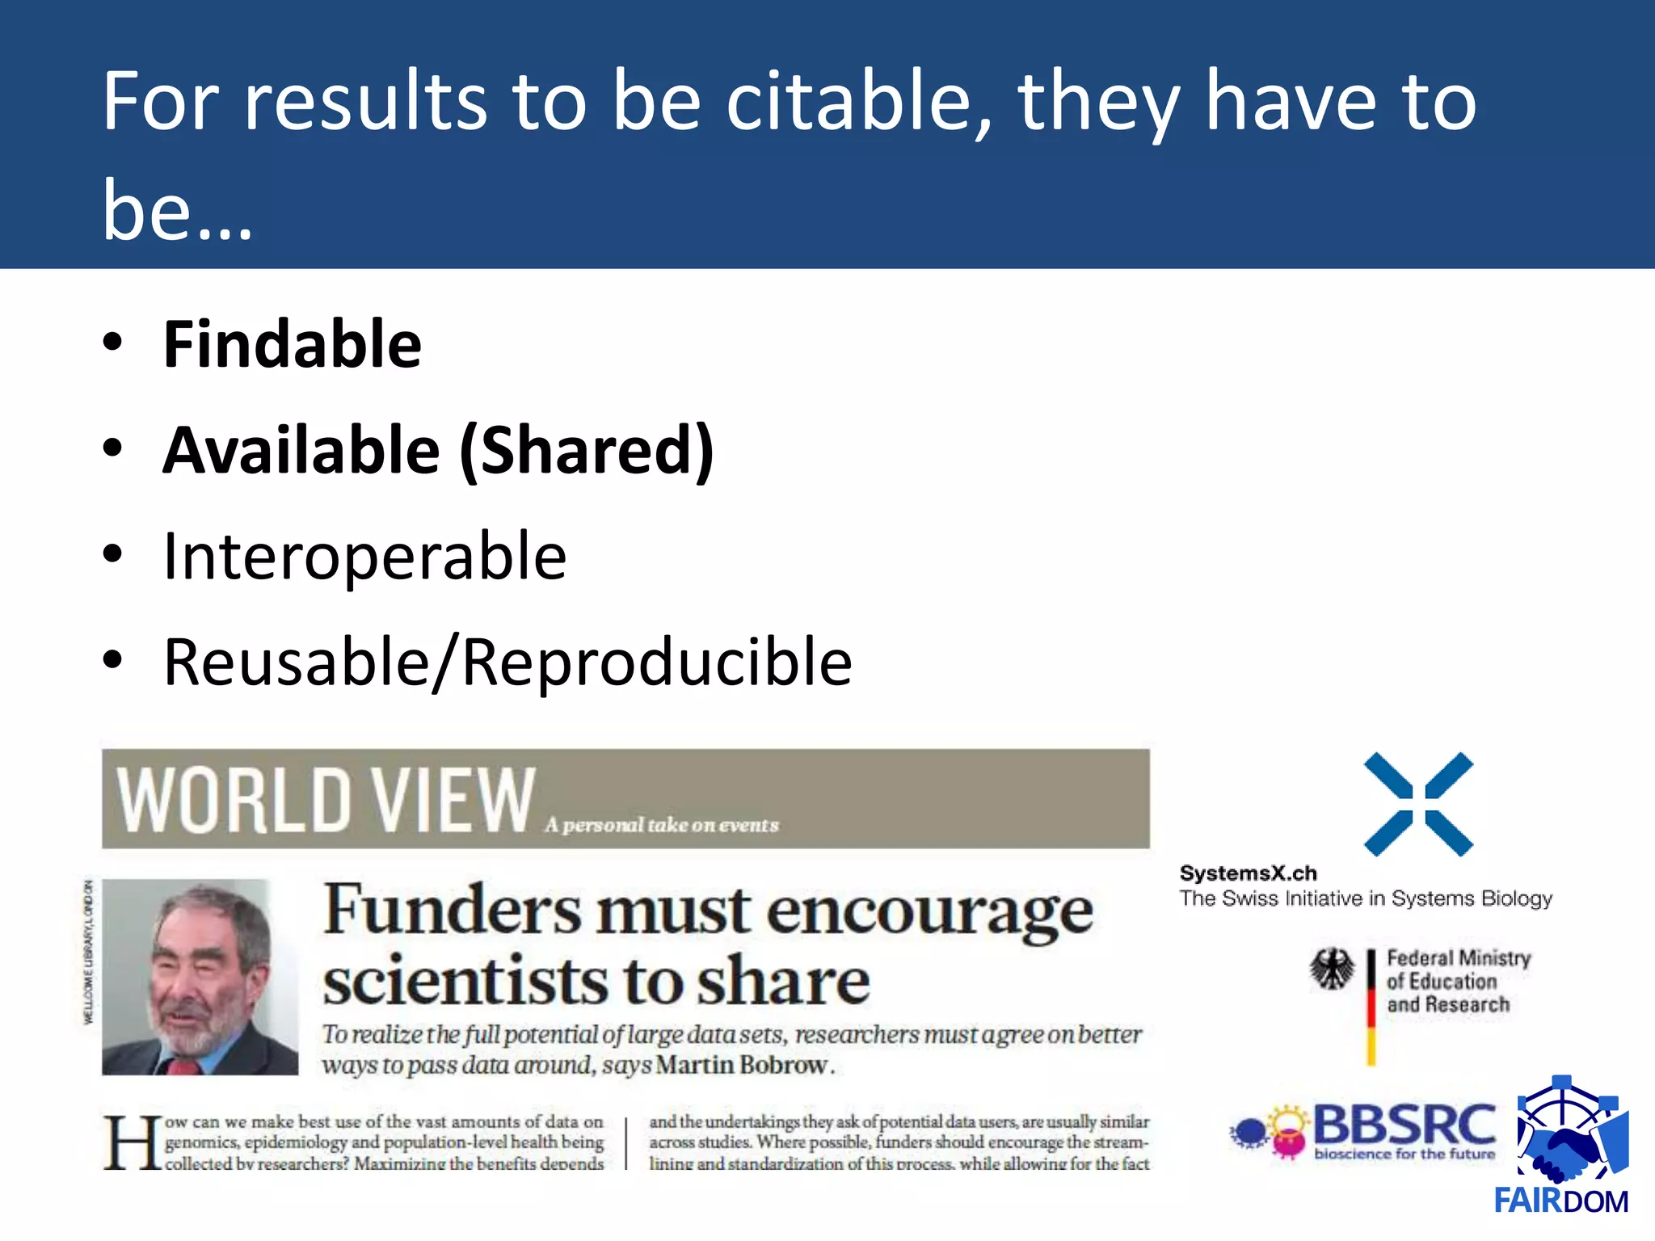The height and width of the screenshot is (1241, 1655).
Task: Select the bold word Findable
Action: tap(292, 345)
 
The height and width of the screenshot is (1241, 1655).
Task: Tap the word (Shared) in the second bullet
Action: tap(587, 451)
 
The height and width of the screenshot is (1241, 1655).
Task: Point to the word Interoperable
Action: tap(364, 557)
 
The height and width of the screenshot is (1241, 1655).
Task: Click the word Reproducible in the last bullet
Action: tap(657, 663)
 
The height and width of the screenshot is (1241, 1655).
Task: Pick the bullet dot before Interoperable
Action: tap(112, 554)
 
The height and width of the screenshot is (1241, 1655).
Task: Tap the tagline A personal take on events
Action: tap(662, 825)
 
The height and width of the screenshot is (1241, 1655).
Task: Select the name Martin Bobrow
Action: tap(742, 1065)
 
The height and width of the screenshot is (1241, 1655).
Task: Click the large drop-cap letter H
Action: tap(131, 1142)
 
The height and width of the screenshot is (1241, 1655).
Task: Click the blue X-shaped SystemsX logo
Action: tap(1418, 804)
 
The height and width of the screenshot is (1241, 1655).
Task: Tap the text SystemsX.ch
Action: tap(1248, 873)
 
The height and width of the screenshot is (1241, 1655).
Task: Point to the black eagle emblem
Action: tap(1332, 968)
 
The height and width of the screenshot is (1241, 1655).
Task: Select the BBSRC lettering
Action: tap(1404, 1124)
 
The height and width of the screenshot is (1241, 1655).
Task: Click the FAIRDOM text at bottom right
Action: tap(1560, 1201)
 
